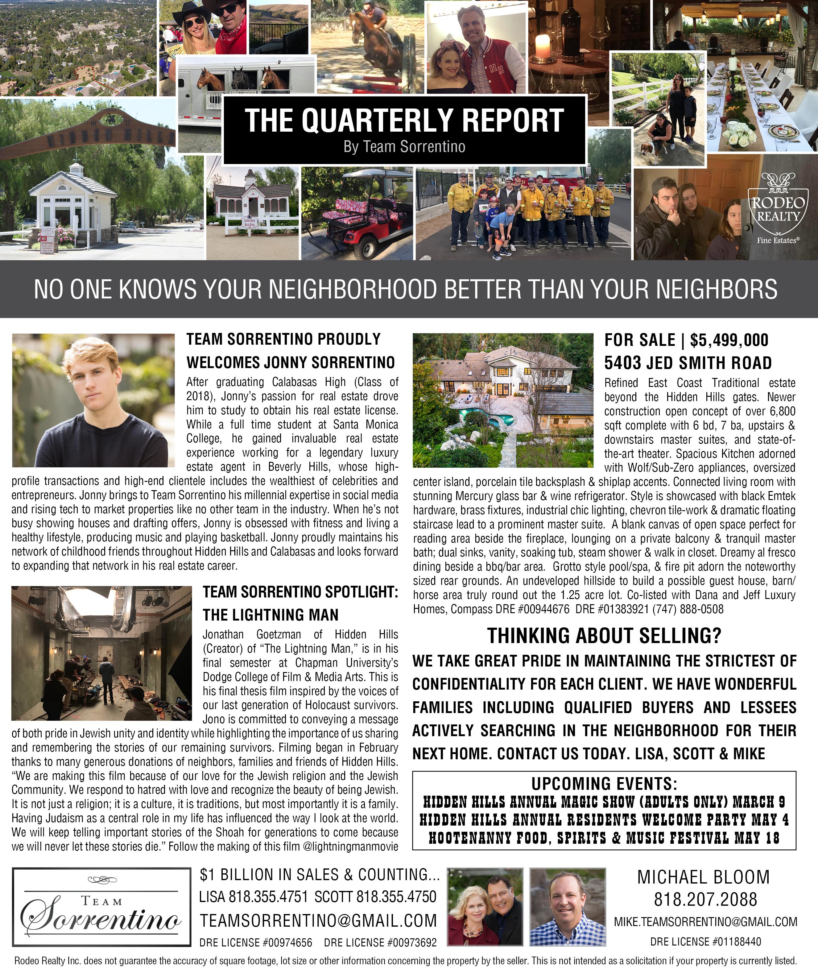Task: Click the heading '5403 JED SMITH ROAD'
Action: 688,363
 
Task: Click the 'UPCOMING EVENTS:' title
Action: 604,784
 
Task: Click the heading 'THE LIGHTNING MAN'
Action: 270,615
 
